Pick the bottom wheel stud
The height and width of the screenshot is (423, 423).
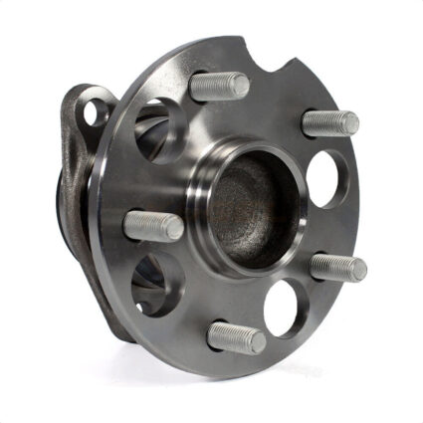tap(236, 337)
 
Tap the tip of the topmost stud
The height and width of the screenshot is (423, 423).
tap(241, 87)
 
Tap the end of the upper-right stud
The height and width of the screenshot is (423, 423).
tap(350, 121)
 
